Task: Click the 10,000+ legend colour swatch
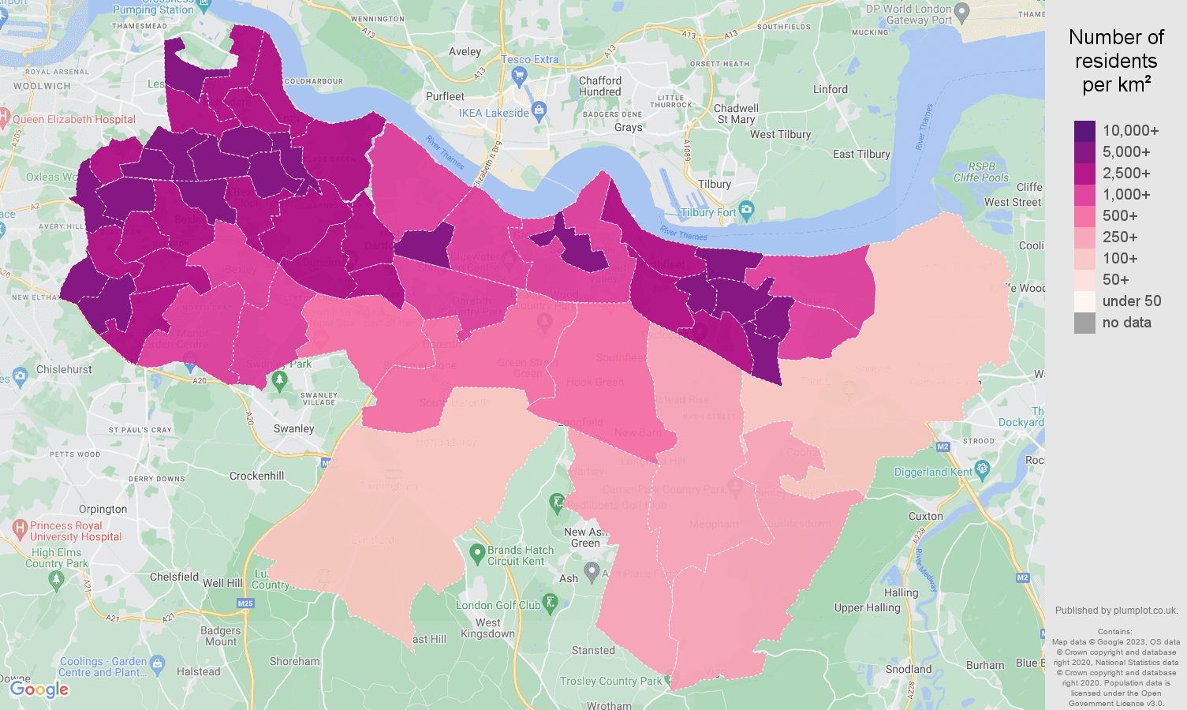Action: coord(1084,131)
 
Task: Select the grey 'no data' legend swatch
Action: coord(1084,323)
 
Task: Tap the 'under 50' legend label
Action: coord(1131,301)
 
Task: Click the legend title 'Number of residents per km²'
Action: coord(1116,62)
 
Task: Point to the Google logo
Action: coord(39,689)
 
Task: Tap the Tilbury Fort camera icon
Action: coord(747,210)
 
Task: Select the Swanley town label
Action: coord(293,429)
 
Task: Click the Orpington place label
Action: coord(103,510)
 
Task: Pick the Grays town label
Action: coord(628,128)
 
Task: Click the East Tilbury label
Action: coord(861,155)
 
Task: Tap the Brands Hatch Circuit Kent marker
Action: coord(476,553)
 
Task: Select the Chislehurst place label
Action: coord(64,370)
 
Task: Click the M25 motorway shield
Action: coord(245,603)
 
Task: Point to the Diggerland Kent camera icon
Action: coord(982,470)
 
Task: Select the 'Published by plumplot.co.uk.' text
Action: coord(1116,611)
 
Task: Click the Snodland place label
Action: coord(909,670)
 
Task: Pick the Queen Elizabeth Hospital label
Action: coord(74,120)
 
